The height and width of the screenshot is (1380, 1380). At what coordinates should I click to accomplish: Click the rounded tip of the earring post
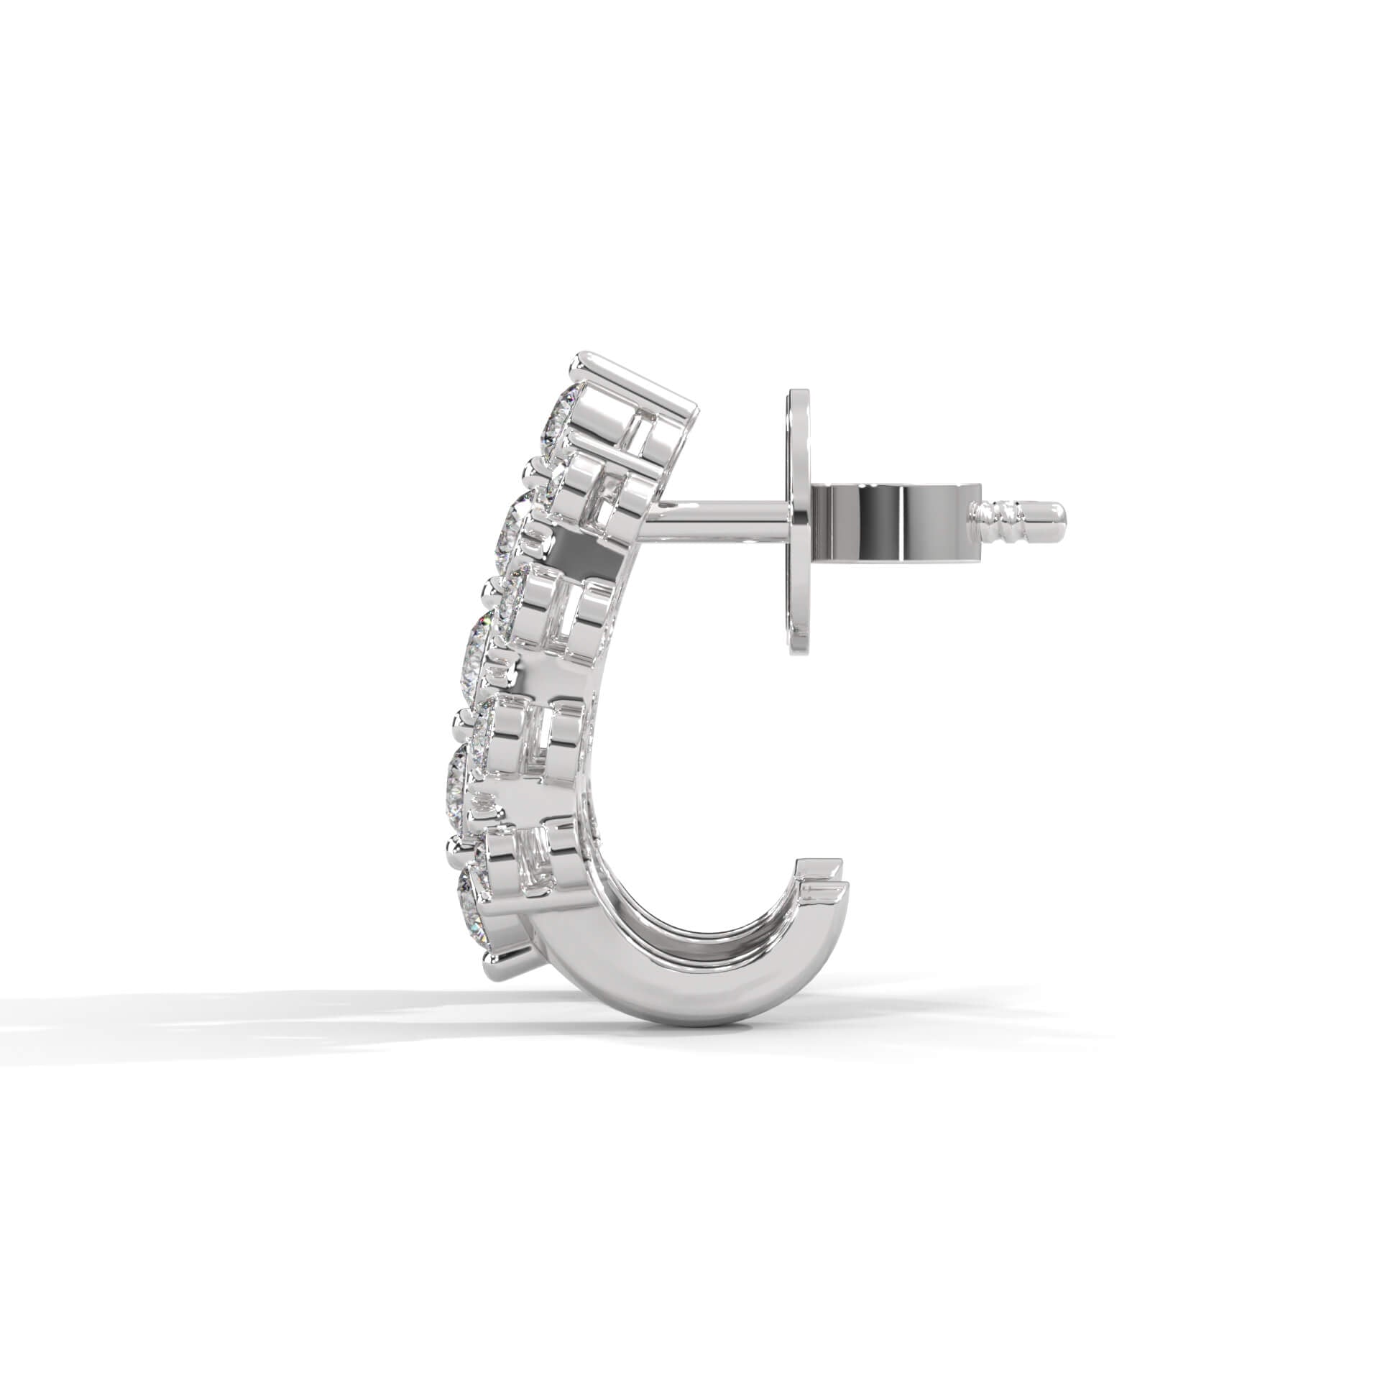(x=1058, y=515)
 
